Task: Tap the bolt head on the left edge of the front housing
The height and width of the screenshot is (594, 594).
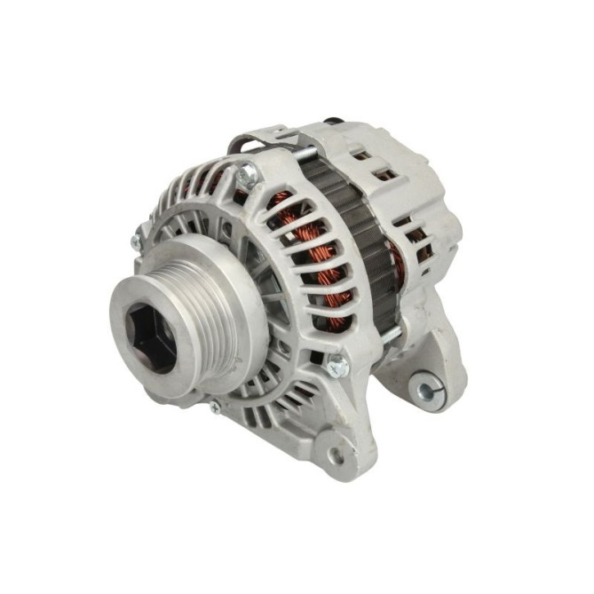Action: pyautogui.click(x=136, y=242)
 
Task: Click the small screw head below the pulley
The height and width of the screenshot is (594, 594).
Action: pyautogui.click(x=214, y=408)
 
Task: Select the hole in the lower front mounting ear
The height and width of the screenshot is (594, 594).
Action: pyautogui.click(x=336, y=454)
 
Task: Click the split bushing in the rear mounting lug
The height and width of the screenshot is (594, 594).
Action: pyautogui.click(x=424, y=389)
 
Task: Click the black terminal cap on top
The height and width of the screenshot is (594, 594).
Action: pyautogui.click(x=332, y=120)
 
